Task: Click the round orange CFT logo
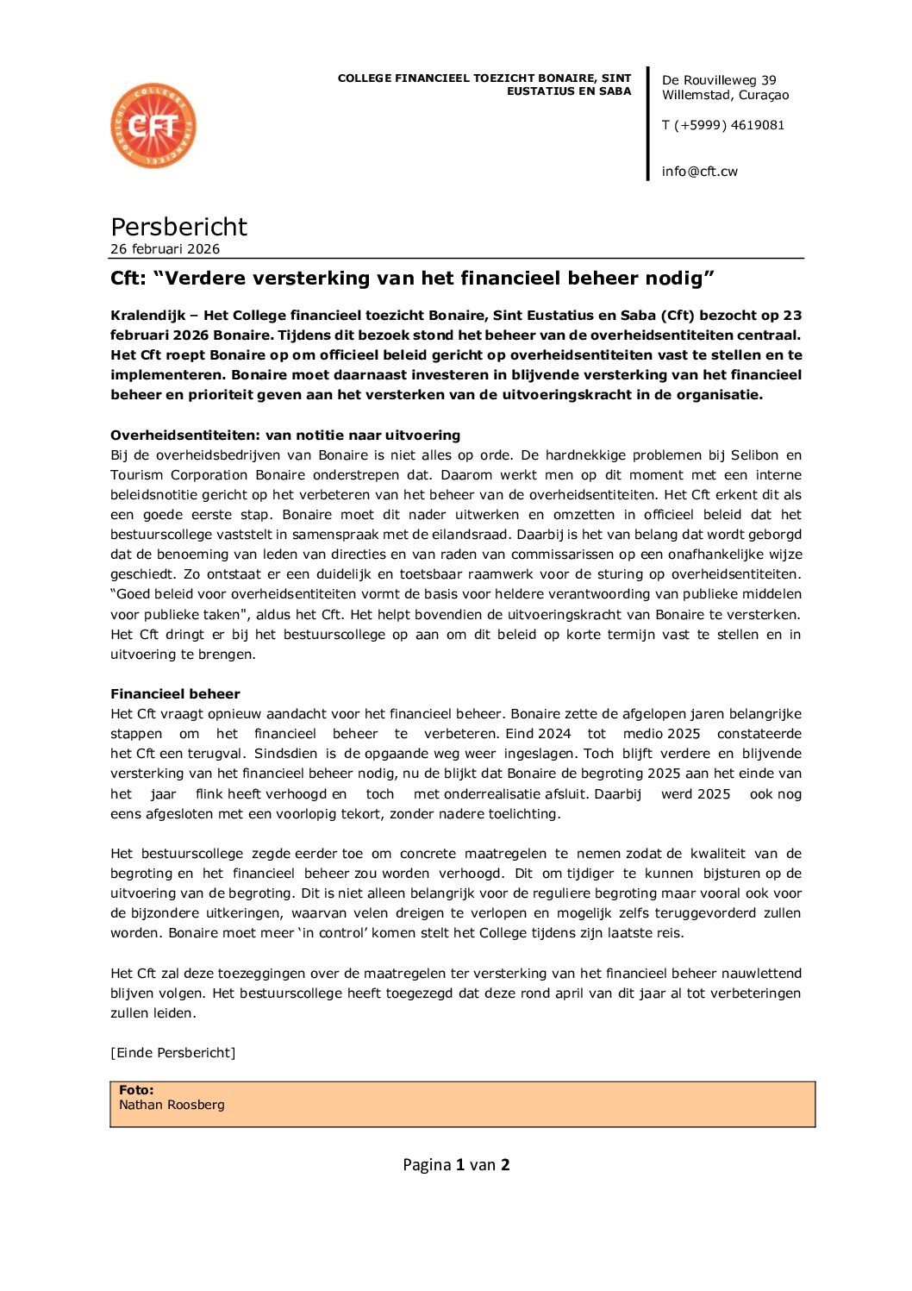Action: pos(153,126)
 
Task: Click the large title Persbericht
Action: pos(178,227)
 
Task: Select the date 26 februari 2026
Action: pos(165,249)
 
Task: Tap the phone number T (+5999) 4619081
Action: pos(722,125)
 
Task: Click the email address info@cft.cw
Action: pos(699,172)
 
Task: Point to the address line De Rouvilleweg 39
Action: pos(718,80)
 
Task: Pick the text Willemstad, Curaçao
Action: pos(725,95)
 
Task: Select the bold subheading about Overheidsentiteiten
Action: pos(285,436)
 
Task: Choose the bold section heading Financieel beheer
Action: pos(175,694)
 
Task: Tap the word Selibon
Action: pos(754,455)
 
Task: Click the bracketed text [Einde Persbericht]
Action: pos(172,1053)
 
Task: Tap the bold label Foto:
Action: pos(136,1090)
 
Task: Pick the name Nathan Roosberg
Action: pos(172,1105)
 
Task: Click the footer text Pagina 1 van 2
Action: pos(456,1165)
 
